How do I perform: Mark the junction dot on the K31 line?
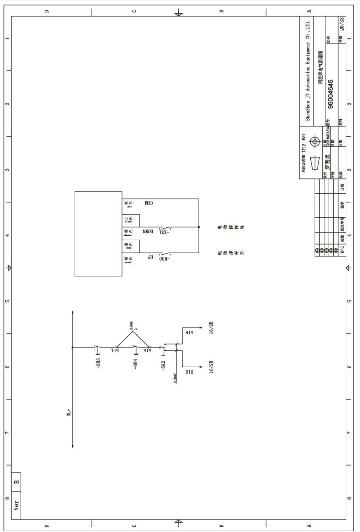point(199,227)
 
